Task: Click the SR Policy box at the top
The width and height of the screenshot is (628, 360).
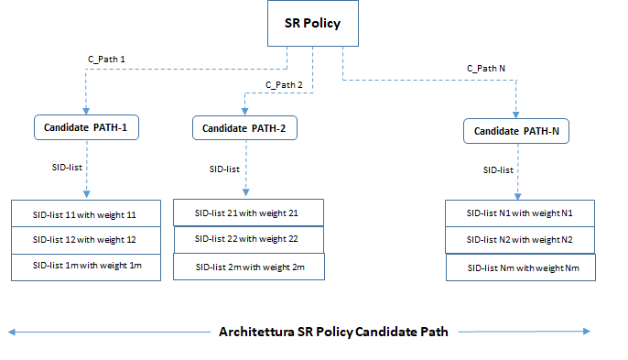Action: pos(312,24)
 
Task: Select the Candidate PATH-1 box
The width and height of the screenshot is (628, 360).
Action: pos(86,128)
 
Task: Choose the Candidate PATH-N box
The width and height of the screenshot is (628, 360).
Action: pos(516,132)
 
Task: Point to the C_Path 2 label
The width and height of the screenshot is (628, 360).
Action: pos(284,85)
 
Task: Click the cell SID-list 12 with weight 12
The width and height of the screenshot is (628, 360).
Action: pos(85,239)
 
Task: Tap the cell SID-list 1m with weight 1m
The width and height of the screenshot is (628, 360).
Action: pos(85,266)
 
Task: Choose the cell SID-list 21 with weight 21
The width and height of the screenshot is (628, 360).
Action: pos(248,213)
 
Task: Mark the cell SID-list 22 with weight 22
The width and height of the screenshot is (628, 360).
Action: pos(248,239)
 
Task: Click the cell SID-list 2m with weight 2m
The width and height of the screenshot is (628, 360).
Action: pos(248,266)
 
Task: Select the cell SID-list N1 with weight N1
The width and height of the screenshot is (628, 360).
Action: pos(520,213)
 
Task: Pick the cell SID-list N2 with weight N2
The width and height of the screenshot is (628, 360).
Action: pos(520,239)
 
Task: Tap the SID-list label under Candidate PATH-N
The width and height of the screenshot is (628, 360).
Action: pos(498,170)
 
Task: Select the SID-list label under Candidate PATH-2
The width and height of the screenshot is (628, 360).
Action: pos(225,169)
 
